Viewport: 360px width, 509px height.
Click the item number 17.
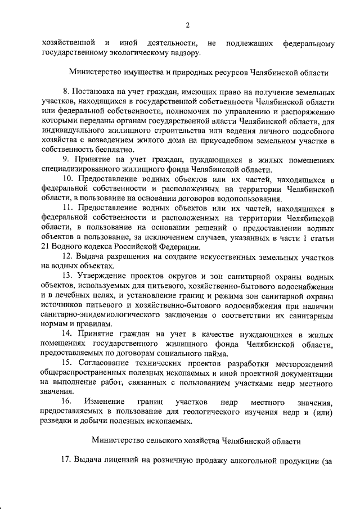coord(67,460)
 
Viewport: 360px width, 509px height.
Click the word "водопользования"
coord(246,198)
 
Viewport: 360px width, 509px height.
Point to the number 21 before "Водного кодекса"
coord(47,247)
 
